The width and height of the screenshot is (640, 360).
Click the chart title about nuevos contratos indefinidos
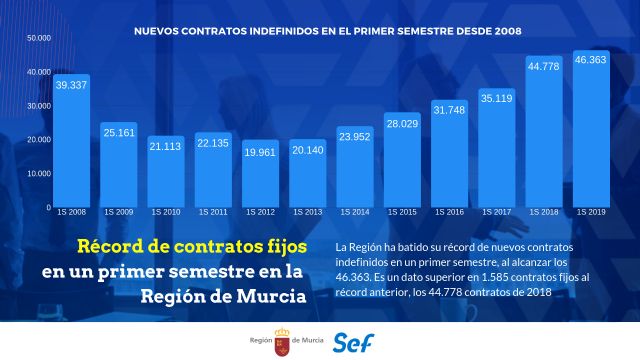coord(328,31)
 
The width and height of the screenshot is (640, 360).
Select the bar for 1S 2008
coord(72,145)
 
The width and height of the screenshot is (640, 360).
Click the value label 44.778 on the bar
coord(543,66)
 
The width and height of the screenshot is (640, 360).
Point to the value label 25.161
coord(119,131)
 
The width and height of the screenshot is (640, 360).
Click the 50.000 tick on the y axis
coord(38,38)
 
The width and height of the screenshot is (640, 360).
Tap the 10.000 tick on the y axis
coord(38,173)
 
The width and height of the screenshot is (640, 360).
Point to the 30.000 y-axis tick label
coord(38,106)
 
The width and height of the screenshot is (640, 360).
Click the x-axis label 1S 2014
coord(354,213)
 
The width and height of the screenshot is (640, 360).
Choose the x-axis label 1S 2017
coord(496,213)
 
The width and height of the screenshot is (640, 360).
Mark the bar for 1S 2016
coord(449,156)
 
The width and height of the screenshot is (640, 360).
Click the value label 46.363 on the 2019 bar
coord(591,61)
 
